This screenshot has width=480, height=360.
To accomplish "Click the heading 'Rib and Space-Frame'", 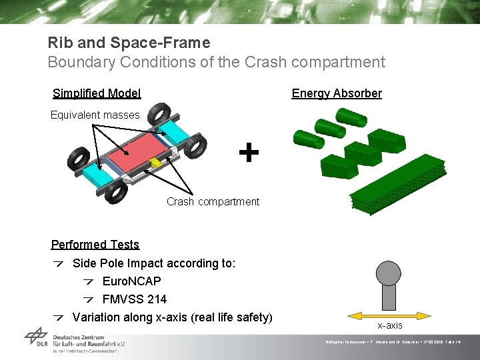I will pos(129,43).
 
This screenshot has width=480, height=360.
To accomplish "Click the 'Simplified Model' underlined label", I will pos(97,93).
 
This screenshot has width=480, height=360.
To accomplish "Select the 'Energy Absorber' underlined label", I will pos(337,93).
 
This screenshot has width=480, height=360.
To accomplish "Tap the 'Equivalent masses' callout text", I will pos(95,115).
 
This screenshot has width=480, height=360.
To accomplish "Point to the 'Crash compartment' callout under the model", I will pos(213,201).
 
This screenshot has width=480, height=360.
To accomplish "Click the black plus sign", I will pos(249,153).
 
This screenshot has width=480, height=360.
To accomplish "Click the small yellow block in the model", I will pos(156,163).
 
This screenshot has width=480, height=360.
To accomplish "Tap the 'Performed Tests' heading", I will pos(95,245).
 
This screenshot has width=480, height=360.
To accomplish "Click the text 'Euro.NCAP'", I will pos(131,281).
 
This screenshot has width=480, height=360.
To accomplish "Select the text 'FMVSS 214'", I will pos(134,299).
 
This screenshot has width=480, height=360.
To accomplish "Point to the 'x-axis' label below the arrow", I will pos(390,325).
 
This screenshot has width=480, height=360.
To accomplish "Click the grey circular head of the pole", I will pos(389,271).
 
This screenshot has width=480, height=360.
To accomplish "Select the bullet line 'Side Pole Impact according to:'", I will pos(153,263).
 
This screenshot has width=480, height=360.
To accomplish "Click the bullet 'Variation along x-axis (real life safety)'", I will pos(172,317).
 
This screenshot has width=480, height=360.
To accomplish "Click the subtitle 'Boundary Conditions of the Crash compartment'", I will pos(216,63).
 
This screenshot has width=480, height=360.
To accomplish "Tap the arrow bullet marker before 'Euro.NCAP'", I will pos(89,281).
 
